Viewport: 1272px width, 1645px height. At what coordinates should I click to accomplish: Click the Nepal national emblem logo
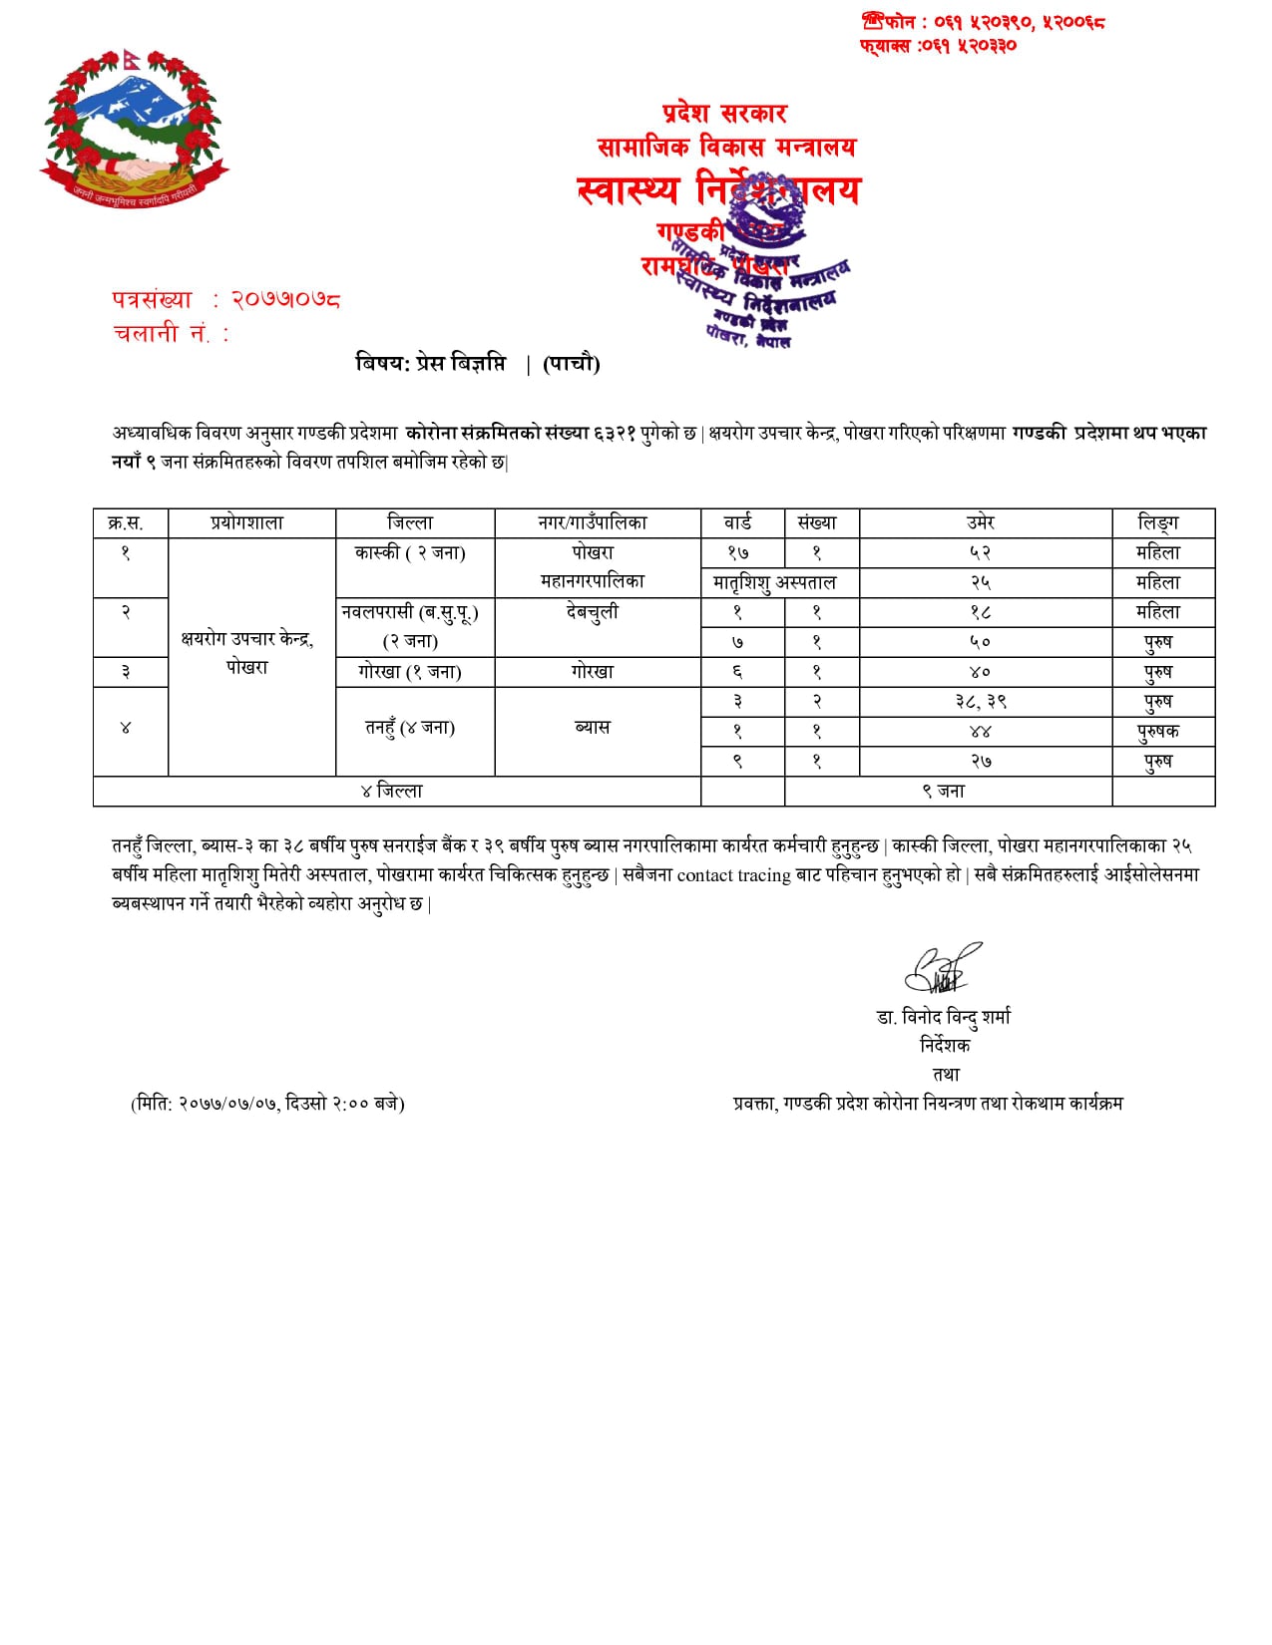pyautogui.click(x=135, y=130)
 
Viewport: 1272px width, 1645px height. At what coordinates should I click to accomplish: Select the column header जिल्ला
pyautogui.click(x=410, y=522)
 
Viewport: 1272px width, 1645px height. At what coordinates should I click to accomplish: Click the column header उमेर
pyautogui.click(x=981, y=522)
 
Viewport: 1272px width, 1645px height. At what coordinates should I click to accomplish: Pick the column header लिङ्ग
pyautogui.click(x=1158, y=522)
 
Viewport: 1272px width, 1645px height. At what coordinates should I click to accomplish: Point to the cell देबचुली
pyautogui.click(x=593, y=612)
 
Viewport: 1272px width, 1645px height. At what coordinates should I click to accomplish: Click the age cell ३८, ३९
pyautogui.click(x=981, y=702)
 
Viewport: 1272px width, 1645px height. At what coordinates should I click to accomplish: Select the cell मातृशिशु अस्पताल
pyautogui.click(x=775, y=582)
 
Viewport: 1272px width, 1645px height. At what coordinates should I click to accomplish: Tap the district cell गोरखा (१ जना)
pyautogui.click(x=410, y=672)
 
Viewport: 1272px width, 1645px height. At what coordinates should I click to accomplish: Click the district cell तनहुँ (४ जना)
pyautogui.click(x=410, y=728)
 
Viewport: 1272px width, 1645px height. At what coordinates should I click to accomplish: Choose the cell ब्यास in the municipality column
pyautogui.click(x=593, y=728)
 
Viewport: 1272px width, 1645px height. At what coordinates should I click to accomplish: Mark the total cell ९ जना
pyautogui.click(x=943, y=792)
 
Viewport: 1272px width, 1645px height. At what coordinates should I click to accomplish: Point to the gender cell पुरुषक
pyautogui.click(x=1158, y=732)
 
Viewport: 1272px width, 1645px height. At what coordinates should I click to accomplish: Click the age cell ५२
pyautogui.click(x=981, y=552)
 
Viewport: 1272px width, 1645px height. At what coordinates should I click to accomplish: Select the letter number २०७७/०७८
pyautogui.click(x=285, y=299)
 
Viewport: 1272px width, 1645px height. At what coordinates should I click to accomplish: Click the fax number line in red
pyautogui.click(x=938, y=46)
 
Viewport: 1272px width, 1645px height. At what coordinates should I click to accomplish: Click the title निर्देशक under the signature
pyautogui.click(x=945, y=1045)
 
